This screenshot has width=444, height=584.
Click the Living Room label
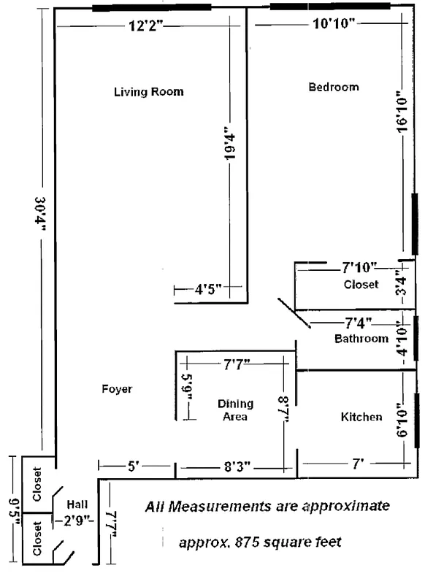point(148,92)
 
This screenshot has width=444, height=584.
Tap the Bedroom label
point(334,87)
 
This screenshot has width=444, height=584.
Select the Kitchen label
point(361,417)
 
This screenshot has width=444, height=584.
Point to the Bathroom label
point(361,339)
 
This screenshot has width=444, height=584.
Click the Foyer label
point(117,389)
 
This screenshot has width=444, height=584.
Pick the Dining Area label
point(235,410)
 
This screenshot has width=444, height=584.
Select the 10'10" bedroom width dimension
point(333,24)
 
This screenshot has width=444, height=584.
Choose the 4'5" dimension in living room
point(208,289)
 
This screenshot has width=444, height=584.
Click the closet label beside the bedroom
point(361,284)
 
